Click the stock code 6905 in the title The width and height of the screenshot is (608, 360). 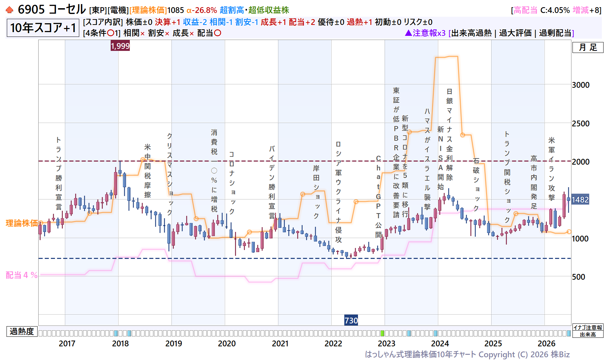pyautogui.click(x=31, y=10)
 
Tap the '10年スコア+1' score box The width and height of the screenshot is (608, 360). pyautogui.click(x=43, y=28)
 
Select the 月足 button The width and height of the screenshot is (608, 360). pyautogui.click(x=588, y=47)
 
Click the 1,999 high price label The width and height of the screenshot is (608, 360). pyautogui.click(x=120, y=46)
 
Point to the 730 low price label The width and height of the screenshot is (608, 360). pyautogui.click(x=351, y=320)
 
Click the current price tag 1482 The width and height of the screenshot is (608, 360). pyautogui.click(x=580, y=199)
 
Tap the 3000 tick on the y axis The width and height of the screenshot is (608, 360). pyautogui.click(x=581, y=85)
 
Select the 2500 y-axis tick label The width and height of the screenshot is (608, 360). pyautogui.click(x=581, y=123)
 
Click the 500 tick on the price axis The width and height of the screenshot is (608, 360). pyautogui.click(x=579, y=277)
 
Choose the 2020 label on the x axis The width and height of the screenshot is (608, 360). pyautogui.click(x=227, y=343)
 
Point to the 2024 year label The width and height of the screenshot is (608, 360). pyautogui.click(x=440, y=343)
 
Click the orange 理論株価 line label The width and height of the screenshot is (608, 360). pyautogui.click(x=22, y=223)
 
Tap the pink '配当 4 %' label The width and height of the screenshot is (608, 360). pyautogui.click(x=22, y=275)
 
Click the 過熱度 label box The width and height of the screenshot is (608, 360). pyautogui.click(x=22, y=331)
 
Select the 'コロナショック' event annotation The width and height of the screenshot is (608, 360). pyautogui.click(x=232, y=183)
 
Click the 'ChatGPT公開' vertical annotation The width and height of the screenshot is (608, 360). pyautogui.click(x=378, y=196)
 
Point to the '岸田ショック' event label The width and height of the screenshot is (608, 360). pyautogui.click(x=316, y=192)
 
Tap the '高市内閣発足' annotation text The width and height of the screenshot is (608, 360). pyautogui.click(x=534, y=182)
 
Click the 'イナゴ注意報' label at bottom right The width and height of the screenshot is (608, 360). pyautogui.click(x=588, y=328)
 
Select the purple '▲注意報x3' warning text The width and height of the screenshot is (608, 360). pyautogui.click(x=425, y=33)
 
